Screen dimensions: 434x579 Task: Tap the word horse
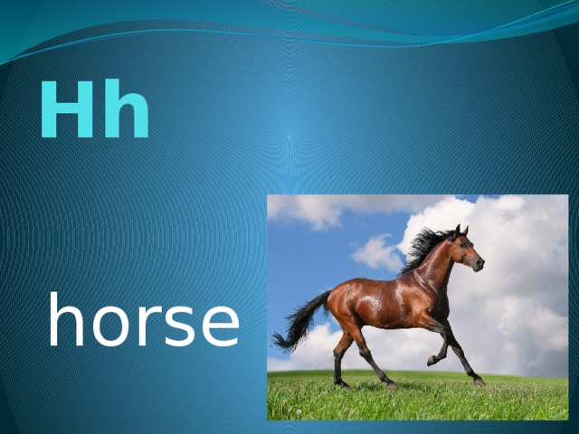click(x=144, y=321)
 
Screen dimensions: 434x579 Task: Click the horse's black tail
click(x=302, y=321)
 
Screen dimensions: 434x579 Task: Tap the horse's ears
click(x=460, y=230)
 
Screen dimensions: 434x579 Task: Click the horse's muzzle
click(x=479, y=264)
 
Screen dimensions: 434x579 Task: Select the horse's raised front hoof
click(x=432, y=361)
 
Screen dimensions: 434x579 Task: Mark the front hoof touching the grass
click(x=479, y=381)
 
